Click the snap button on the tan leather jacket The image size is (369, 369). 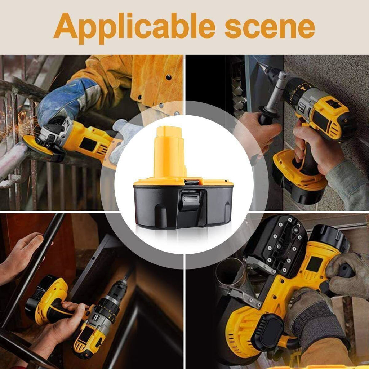[168, 77]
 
